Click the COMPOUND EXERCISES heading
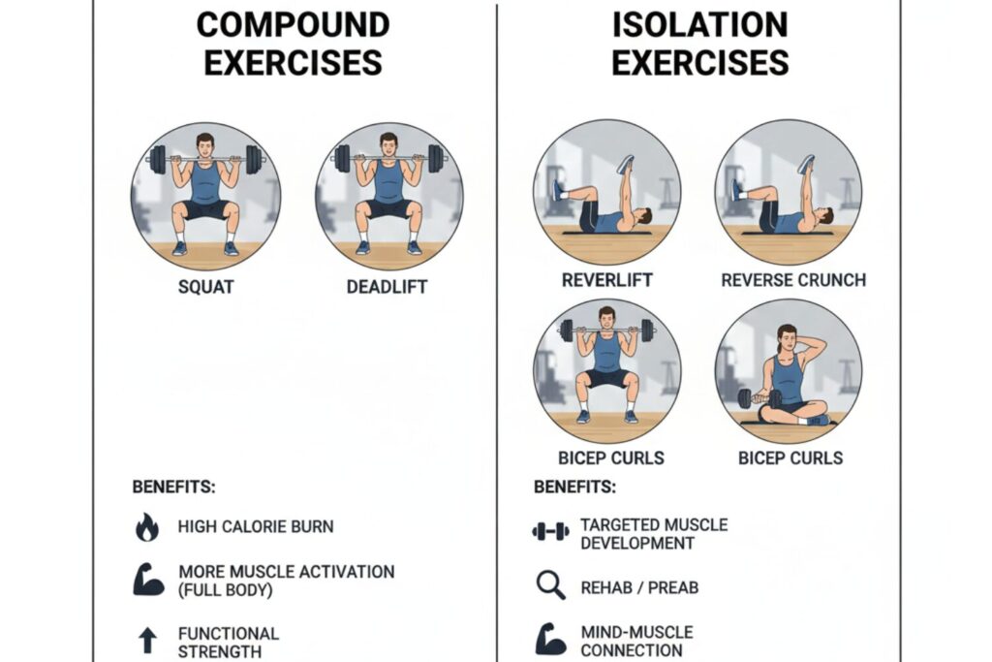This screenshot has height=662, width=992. [x=293, y=44]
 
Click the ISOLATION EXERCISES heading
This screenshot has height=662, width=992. [x=699, y=44]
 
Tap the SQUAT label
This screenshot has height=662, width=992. [x=205, y=287]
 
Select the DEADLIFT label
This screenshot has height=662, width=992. [x=387, y=287]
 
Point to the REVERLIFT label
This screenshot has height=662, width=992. [x=606, y=280]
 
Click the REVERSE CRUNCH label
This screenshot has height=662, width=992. [x=792, y=280]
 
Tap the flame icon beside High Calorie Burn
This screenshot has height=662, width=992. [x=146, y=528]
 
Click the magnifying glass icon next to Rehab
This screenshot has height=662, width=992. [x=549, y=585]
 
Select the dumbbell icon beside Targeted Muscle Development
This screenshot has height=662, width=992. [x=550, y=531]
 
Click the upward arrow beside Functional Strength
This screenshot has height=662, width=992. [x=146, y=641]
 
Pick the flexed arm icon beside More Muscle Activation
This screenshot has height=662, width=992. [x=148, y=579]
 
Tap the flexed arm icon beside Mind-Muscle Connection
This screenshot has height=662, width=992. [x=550, y=640]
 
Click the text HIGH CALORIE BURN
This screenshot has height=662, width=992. [x=256, y=527]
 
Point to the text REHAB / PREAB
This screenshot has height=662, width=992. [x=639, y=587]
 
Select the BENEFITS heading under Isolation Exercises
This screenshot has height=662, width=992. [x=574, y=487]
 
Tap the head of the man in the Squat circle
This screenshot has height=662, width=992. [x=204, y=143]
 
